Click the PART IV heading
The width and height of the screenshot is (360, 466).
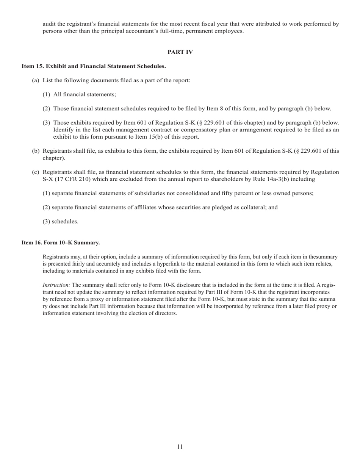pyautogui.click(x=180, y=52)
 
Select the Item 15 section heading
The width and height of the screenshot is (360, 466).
pyautogui.click(x=94, y=66)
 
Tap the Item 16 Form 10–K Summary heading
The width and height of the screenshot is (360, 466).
pyautogui.click(x=61, y=242)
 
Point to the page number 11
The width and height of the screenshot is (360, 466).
pyautogui.click(x=180, y=447)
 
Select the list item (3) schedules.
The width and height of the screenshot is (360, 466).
pyautogui.click(x=61, y=222)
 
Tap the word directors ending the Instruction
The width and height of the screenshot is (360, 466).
pyautogui.click(x=166, y=313)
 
